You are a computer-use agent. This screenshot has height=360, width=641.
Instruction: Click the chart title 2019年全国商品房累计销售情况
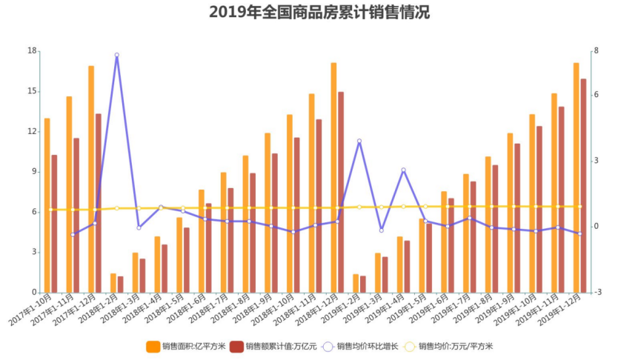coord(319,13)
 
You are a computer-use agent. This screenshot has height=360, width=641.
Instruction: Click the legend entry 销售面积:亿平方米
coord(191,346)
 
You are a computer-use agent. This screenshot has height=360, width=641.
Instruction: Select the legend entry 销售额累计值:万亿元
coord(273,346)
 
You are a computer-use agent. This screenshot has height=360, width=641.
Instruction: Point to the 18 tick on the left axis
coord(32,50)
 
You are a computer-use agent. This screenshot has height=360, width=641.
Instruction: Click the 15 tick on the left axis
coord(32,91)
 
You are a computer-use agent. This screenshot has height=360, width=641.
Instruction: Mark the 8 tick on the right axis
coord(597,50)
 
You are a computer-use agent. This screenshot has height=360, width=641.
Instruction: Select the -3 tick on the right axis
coord(597,292)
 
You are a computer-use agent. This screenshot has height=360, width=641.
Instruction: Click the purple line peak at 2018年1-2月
coord(117,55)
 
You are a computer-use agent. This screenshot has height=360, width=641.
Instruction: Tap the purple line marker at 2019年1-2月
coord(359,141)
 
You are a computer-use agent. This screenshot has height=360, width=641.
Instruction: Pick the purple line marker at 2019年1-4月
coord(404,170)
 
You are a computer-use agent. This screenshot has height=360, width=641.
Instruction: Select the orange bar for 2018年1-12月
coord(333,178)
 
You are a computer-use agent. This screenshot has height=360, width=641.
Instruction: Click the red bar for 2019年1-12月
coord(583,185)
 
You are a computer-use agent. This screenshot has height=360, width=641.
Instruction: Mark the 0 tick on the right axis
coord(597,226)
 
